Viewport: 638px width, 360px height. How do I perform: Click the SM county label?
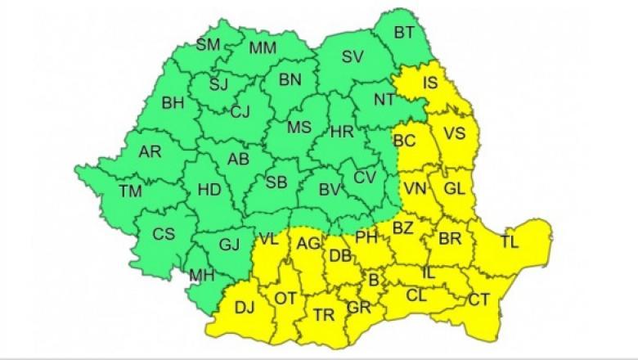point(209,45)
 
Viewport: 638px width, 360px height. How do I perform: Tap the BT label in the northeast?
point(404,33)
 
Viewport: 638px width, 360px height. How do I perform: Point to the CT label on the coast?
point(478,300)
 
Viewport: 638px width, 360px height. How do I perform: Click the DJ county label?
point(244,308)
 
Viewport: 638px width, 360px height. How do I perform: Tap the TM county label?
point(129,191)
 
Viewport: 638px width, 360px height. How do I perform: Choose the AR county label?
point(150,153)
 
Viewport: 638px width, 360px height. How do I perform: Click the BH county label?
point(173,103)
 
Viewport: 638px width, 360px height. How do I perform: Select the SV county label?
point(352,57)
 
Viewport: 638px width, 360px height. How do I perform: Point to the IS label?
point(429,83)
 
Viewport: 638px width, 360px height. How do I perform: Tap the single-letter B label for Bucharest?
point(375,281)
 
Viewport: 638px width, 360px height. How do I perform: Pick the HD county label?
point(210,190)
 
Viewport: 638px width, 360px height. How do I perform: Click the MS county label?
point(299,127)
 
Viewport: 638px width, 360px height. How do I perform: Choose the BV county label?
point(329,191)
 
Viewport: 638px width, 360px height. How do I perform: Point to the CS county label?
point(164,234)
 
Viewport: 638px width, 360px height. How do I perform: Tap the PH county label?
point(366,238)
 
